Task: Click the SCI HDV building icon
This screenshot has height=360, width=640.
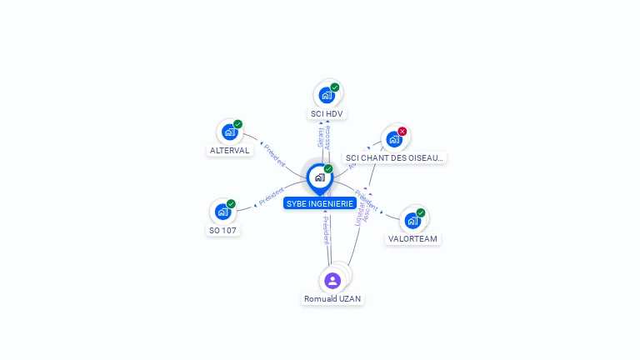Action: pos(326,95)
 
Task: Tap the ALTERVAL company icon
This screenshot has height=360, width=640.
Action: pos(229,132)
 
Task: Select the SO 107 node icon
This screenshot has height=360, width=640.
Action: pos(222,212)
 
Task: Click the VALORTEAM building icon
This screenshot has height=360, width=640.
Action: pos(412,221)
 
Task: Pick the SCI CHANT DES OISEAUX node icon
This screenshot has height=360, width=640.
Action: pos(393,139)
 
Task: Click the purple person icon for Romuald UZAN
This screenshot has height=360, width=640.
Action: pos(332,280)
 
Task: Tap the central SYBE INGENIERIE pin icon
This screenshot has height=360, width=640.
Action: pos(320,177)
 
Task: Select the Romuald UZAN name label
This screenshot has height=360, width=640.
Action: pos(332,298)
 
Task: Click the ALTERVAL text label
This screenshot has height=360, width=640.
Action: pos(229,151)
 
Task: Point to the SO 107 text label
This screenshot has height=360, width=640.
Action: pos(222,230)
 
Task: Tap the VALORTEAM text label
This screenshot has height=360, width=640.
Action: pos(412,238)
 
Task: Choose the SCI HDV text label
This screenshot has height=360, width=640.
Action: pos(327,113)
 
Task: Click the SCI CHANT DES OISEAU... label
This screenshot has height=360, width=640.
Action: pos(395,157)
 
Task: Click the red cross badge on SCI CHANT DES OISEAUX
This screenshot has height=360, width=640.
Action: pos(402,131)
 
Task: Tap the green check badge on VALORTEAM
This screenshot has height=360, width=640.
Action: pos(421,212)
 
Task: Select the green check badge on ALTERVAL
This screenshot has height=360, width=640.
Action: pos(237,124)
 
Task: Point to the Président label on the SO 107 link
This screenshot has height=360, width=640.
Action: pos(272,197)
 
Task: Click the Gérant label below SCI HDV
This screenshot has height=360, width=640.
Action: pos(320,137)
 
